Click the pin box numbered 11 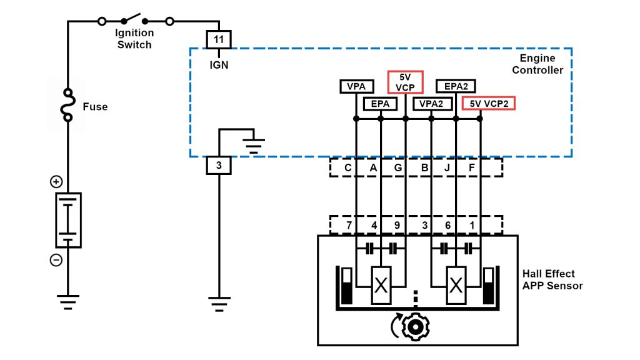pyautogui.click(x=219, y=39)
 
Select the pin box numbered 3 pyautogui.click(x=219, y=166)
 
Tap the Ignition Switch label pyautogui.click(x=134, y=39)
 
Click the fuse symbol pyautogui.click(x=67, y=107)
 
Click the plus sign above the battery pyautogui.click(x=56, y=182)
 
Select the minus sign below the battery pyautogui.click(x=56, y=260)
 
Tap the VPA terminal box pyautogui.click(x=356, y=86)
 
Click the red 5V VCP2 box pyautogui.click(x=487, y=103)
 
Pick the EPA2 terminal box pyautogui.click(x=456, y=86)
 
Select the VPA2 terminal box pyautogui.click(x=431, y=103)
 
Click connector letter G pyautogui.click(x=398, y=167)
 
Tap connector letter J pyautogui.click(x=448, y=167)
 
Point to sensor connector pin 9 pyautogui.click(x=398, y=224)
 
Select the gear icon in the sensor pyautogui.click(x=412, y=327)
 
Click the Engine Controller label pyautogui.click(x=537, y=64)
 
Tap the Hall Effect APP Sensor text pyautogui.click(x=552, y=280)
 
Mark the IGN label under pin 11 pyautogui.click(x=219, y=64)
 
